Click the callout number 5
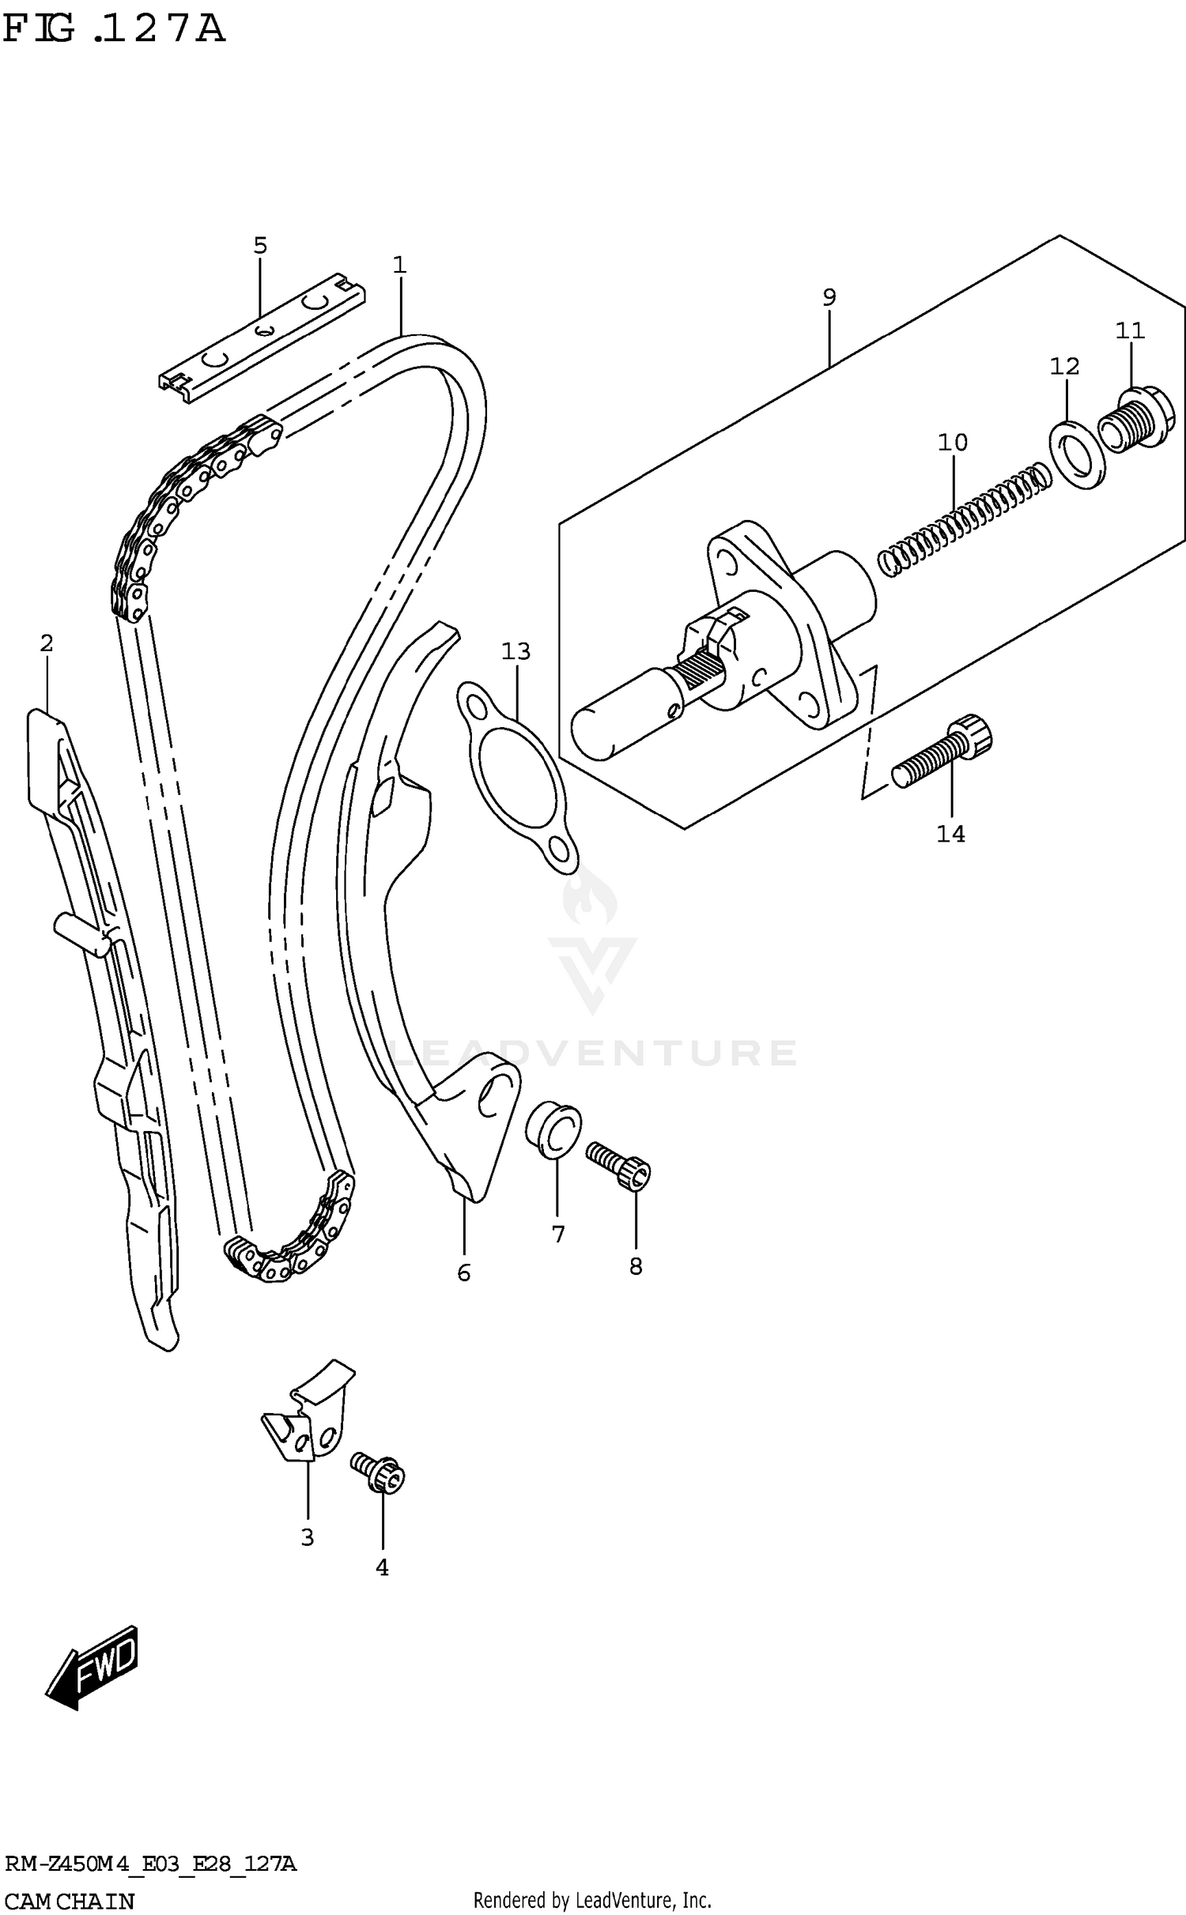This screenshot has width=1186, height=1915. tap(260, 246)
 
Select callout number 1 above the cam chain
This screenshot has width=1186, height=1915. tap(399, 265)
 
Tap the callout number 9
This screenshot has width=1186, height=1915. tap(829, 297)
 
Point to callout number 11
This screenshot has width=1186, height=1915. tap(1130, 330)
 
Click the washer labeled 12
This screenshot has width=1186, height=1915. tap(1076, 456)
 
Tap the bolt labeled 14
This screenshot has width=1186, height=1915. tap(942, 750)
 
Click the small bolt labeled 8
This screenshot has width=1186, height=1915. tap(619, 1168)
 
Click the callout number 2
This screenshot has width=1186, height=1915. tap(47, 643)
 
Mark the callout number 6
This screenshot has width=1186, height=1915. tap(464, 1272)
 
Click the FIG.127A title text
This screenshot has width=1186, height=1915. tap(115, 30)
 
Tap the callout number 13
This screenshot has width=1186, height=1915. tap(516, 652)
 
